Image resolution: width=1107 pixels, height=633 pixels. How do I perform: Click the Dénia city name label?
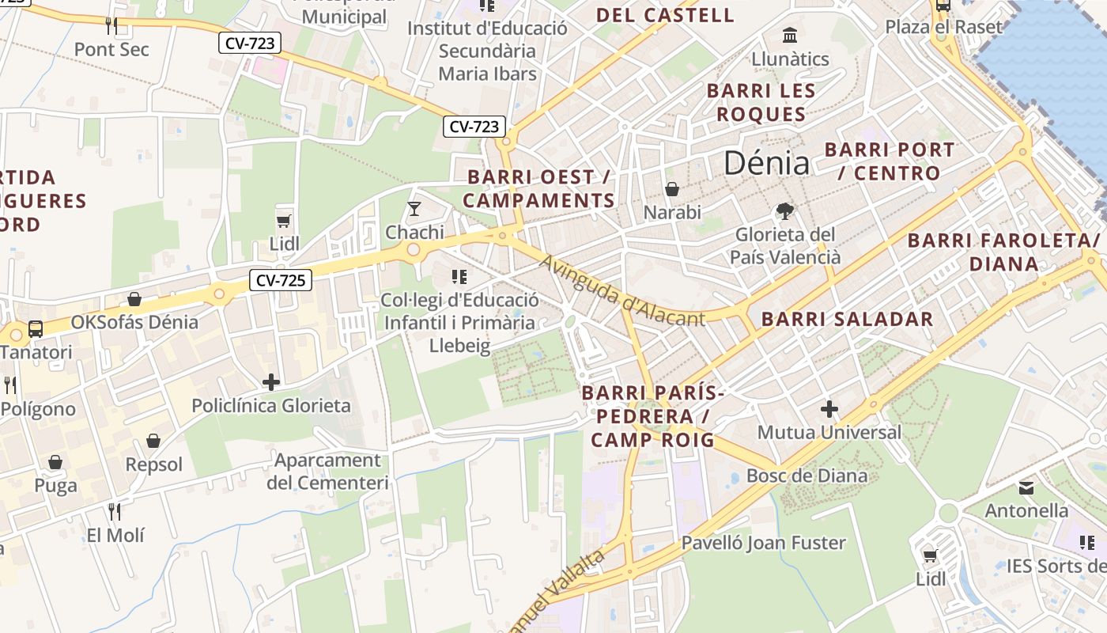coord(766,163)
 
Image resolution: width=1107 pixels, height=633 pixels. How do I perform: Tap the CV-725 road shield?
coord(281,279)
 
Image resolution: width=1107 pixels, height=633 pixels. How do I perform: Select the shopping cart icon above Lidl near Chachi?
coord(284,221)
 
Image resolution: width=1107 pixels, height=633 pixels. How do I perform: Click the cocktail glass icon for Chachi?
coord(414,209)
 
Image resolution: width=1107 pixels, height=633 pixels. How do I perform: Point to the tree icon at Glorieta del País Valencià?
coord(784,211)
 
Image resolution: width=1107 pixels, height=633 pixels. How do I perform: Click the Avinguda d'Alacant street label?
coord(622,290)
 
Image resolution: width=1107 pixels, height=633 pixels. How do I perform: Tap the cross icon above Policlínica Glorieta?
coord(271,383)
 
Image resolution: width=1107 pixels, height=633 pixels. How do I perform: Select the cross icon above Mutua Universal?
coord(829,409)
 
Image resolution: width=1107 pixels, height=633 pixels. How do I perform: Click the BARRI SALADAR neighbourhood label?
coord(847,320)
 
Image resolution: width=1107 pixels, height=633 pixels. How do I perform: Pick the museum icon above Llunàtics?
coord(789,36)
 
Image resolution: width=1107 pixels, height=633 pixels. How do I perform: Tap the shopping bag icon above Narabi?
coord(672,189)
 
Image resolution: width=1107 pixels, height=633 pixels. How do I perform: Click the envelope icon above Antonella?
coord(1026,487)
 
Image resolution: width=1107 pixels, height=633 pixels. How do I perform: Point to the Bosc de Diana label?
coord(807,476)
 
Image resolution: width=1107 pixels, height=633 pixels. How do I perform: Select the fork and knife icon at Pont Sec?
coord(111,26)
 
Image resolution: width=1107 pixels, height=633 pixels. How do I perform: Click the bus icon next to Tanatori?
coord(36,328)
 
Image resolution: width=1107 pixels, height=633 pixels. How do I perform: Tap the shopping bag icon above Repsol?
coord(153,441)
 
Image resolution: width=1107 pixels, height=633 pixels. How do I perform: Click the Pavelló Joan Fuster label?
coord(763,543)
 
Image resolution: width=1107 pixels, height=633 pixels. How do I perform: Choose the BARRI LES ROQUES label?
coord(761,102)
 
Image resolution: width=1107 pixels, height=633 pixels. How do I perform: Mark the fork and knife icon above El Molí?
coord(115,512)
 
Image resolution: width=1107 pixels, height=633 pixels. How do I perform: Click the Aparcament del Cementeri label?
coord(327,471)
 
